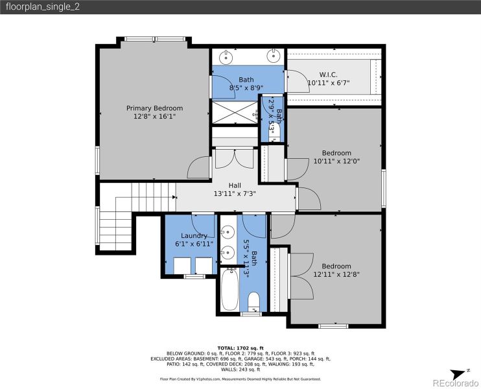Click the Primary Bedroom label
[x=154, y=108]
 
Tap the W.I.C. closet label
[x=327, y=74]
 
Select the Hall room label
[x=235, y=185]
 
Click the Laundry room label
[x=194, y=235]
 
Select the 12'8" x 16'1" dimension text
[x=154, y=117]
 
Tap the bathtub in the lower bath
[x=230, y=290]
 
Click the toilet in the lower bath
[x=253, y=302]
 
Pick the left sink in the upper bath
[x=226, y=56]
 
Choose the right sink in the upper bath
[x=274, y=56]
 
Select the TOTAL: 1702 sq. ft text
[x=240, y=348]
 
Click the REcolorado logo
[x=454, y=381]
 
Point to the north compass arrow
[x=466, y=371]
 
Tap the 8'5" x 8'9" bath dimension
[x=246, y=88]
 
